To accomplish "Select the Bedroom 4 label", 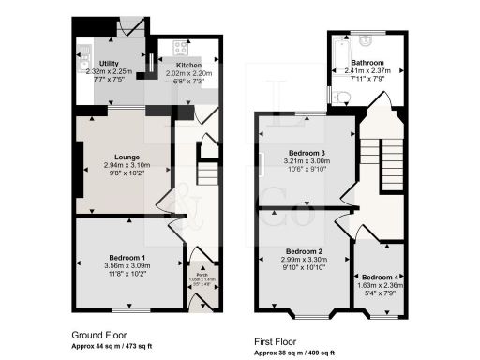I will click(380, 277).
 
